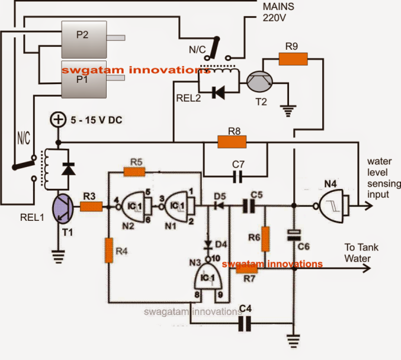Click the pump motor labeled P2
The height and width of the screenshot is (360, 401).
82,36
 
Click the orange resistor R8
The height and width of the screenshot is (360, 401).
232,142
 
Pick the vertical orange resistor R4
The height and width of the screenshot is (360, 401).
109,249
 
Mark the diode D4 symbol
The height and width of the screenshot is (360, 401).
208,243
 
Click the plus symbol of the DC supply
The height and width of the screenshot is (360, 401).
58,120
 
